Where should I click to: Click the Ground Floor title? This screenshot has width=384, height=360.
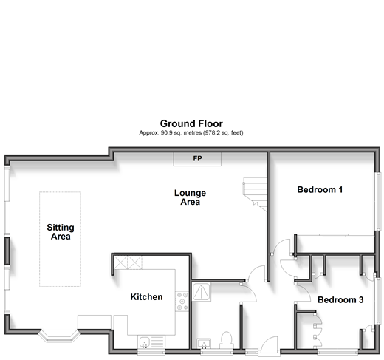pyautogui.click(x=191, y=123)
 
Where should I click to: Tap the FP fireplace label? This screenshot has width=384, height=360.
pyautogui.click(x=197, y=158)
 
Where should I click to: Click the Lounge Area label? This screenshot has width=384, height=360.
pyautogui.click(x=190, y=197)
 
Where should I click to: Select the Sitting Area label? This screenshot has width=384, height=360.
pyautogui.click(x=61, y=232)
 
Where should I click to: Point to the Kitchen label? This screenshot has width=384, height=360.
pyautogui.click(x=146, y=297)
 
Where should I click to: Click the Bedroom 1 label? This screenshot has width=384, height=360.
pyautogui.click(x=320, y=190)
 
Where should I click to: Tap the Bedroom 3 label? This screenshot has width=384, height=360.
pyautogui.click(x=340, y=300)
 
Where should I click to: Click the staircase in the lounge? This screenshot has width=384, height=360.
pyautogui.click(x=256, y=194)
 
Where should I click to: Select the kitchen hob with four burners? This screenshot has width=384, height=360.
pyautogui.click(x=182, y=301)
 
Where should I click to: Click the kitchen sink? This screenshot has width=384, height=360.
pyautogui.click(x=151, y=342)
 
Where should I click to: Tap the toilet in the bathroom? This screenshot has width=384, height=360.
pyautogui.click(x=227, y=340)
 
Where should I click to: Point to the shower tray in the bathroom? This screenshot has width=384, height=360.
pyautogui.click(x=202, y=292)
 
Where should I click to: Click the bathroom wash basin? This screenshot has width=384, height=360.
pyautogui.click(x=204, y=344)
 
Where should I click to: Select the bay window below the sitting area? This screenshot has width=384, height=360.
pyautogui.click(x=59, y=336)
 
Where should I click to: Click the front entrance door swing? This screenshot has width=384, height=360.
pyautogui.click(x=269, y=345)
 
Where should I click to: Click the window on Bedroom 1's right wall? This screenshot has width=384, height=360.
pyautogui.click(x=377, y=201)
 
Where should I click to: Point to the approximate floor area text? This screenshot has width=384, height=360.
pyautogui.click(x=191, y=133)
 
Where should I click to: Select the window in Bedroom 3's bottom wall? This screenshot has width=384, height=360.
pyautogui.click(x=338, y=352)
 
